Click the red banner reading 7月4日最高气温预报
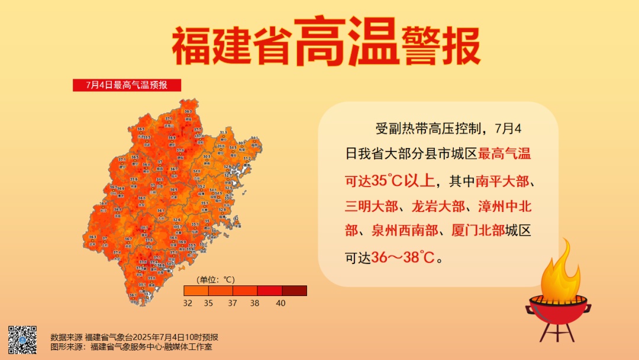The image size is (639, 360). pos(127,85)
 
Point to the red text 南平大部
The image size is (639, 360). pos(505,180)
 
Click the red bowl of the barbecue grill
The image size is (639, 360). pos(557,308)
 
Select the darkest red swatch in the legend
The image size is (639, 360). pos(294,290)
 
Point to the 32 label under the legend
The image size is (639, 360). pos(188,303)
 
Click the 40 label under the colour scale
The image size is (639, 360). pos(280,303)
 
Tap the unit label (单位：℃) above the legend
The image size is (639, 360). pos(216,279)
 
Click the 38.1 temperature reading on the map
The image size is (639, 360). pos(144,228)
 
